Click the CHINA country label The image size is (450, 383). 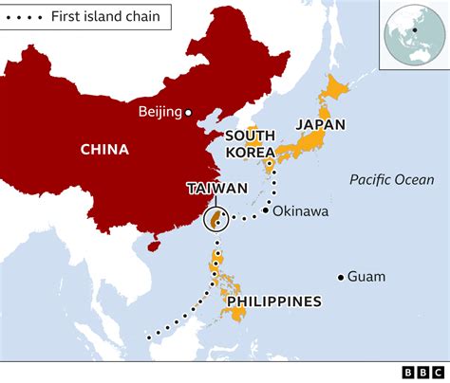pyautogui.click(x=104, y=149)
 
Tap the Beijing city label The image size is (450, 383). pyautogui.click(x=159, y=113)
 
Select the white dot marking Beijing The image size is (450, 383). pyautogui.click(x=188, y=113)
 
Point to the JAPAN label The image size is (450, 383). pyautogui.click(x=320, y=124)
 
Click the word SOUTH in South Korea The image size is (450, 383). pyautogui.click(x=250, y=137)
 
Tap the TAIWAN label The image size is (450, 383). pyautogui.click(x=217, y=188)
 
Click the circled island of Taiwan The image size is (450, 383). pyautogui.click(x=216, y=221)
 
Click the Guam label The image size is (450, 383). pyautogui.click(x=366, y=277)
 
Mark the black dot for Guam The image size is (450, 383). pyautogui.click(x=340, y=277)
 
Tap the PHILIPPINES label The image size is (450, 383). pyautogui.click(x=272, y=302)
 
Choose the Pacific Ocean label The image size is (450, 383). pyautogui.click(x=391, y=180)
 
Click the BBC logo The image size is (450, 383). pyautogui.click(x=417, y=372)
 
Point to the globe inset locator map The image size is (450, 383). pyautogui.click(x=411, y=35)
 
